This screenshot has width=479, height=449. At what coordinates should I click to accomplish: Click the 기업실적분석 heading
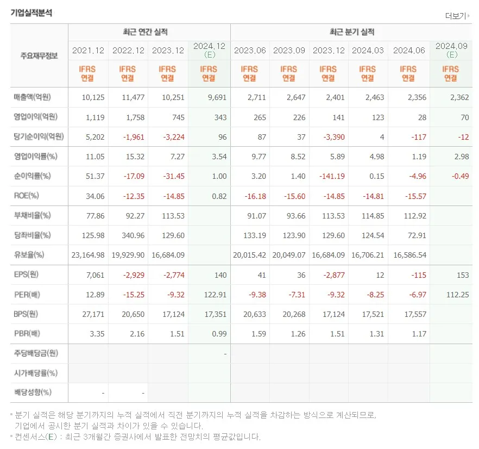31,13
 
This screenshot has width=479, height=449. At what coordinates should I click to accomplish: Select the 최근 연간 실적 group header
149,32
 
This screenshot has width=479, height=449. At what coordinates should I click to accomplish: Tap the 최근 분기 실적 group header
351,32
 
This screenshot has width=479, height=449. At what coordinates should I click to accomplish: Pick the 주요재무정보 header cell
39,55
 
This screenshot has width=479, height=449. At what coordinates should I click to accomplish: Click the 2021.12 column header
88,51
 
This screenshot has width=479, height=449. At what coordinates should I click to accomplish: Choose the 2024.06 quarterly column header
408,51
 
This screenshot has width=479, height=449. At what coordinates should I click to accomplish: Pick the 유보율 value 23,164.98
88,254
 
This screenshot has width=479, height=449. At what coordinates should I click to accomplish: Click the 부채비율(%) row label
32,215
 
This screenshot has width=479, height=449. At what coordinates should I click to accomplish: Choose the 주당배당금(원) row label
36,353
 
